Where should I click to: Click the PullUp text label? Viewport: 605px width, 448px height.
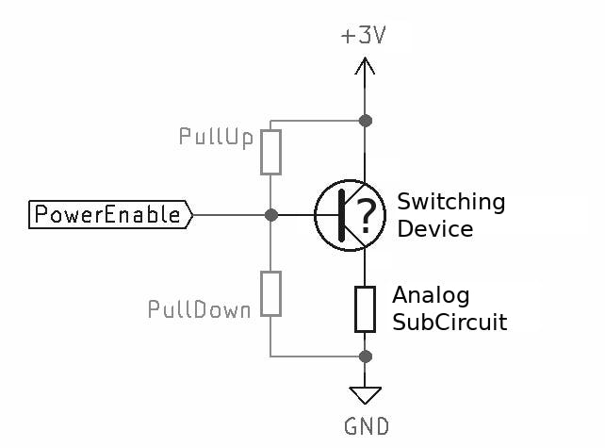[216, 138]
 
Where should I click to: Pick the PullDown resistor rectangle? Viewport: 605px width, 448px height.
[271, 292]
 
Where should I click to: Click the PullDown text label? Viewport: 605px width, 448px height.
[199, 309]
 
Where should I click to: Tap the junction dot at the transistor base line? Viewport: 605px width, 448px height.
[271, 215]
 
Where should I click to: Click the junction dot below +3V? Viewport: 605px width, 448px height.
[366, 121]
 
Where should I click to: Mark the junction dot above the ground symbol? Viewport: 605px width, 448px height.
[366, 357]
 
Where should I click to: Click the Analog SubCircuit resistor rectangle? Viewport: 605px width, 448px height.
[366, 308]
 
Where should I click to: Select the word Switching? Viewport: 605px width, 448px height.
[450, 203]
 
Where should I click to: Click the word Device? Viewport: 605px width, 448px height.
[434, 229]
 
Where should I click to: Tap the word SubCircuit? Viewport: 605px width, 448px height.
[450, 323]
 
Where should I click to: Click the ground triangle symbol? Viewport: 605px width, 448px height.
[366, 394]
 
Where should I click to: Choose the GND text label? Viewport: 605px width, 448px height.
[366, 426]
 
